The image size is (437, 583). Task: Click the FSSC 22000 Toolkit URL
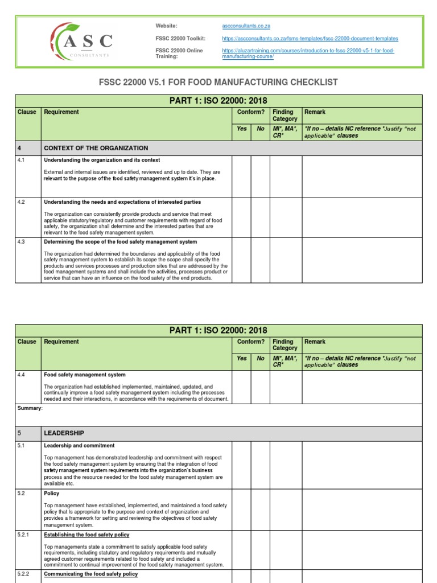310,38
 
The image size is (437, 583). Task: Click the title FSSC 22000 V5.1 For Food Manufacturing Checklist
218,83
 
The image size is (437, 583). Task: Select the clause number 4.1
22,160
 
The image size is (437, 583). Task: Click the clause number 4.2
22,202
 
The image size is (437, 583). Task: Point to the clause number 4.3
22,242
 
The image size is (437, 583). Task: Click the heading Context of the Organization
96,148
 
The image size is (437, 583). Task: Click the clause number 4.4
22,375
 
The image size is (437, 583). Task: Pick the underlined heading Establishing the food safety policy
86,535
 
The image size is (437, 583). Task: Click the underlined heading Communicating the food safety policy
90,574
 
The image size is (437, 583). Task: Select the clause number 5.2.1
24,535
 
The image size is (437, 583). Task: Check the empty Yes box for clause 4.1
242,176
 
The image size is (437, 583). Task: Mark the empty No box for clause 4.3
261,260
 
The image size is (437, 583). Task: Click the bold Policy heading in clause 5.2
52,494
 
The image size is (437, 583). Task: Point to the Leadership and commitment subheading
79,446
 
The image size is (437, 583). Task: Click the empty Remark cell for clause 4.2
362,217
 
